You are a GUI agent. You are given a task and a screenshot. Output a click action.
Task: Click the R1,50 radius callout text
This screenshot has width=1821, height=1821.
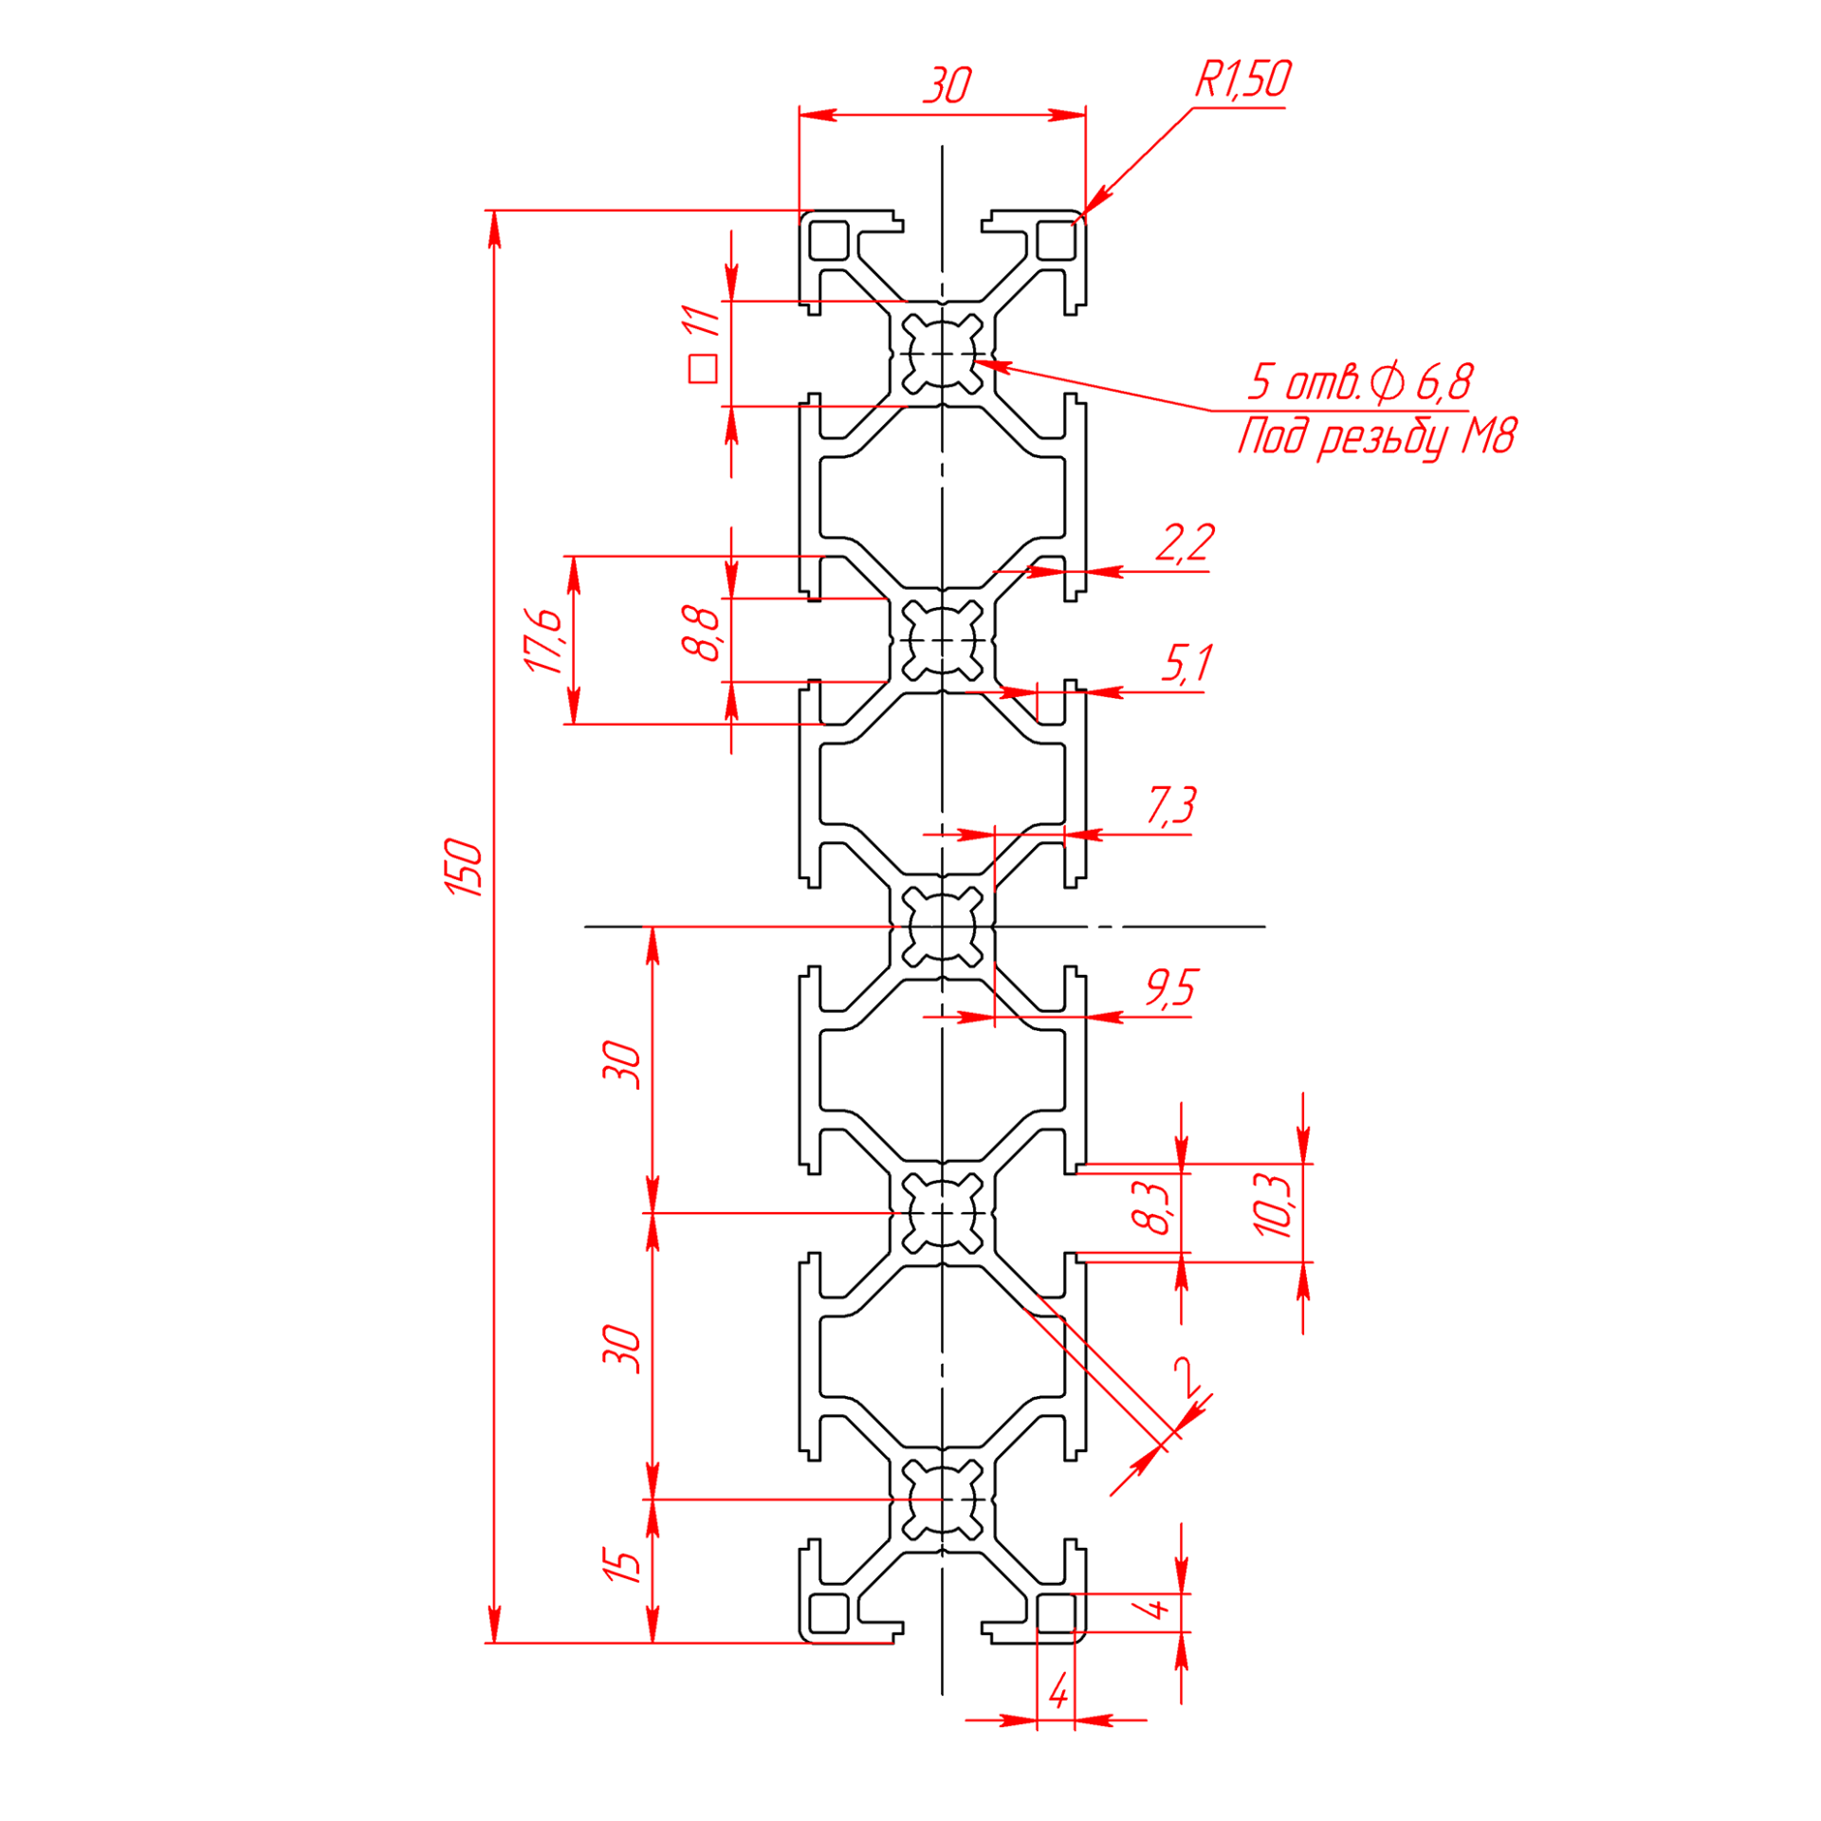coord(1242,79)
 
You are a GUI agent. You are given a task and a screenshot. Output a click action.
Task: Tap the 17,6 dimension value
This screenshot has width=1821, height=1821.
coord(544,640)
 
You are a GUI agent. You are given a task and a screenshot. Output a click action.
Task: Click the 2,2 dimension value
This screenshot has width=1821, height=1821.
coord(1185,543)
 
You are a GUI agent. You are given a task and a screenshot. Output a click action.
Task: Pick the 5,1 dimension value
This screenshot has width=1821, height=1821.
coord(1187,663)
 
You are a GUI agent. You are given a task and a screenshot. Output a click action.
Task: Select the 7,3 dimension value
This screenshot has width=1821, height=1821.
coord(1172,805)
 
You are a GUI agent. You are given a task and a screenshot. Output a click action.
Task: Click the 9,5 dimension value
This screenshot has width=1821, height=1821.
coord(1172,988)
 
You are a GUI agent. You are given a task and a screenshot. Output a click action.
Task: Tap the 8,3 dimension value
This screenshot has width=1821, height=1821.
coord(1152,1207)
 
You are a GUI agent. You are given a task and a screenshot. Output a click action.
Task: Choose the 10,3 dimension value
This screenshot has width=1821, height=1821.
coord(1273,1205)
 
